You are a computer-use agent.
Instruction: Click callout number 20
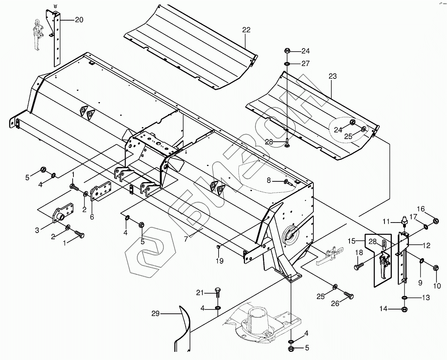pos(79,20)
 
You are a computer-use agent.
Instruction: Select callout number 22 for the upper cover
pos(246,30)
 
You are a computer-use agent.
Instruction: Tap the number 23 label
pos(332,77)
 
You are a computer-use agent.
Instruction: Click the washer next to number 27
pos(287,64)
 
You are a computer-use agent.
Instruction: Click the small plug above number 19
pos(219,247)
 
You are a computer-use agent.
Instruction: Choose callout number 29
pos(155,313)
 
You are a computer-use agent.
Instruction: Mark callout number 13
pos(426,298)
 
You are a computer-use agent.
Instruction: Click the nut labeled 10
pos(435,268)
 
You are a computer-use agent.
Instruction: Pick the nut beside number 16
pos(436,221)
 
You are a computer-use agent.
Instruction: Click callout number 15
pos(351,241)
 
